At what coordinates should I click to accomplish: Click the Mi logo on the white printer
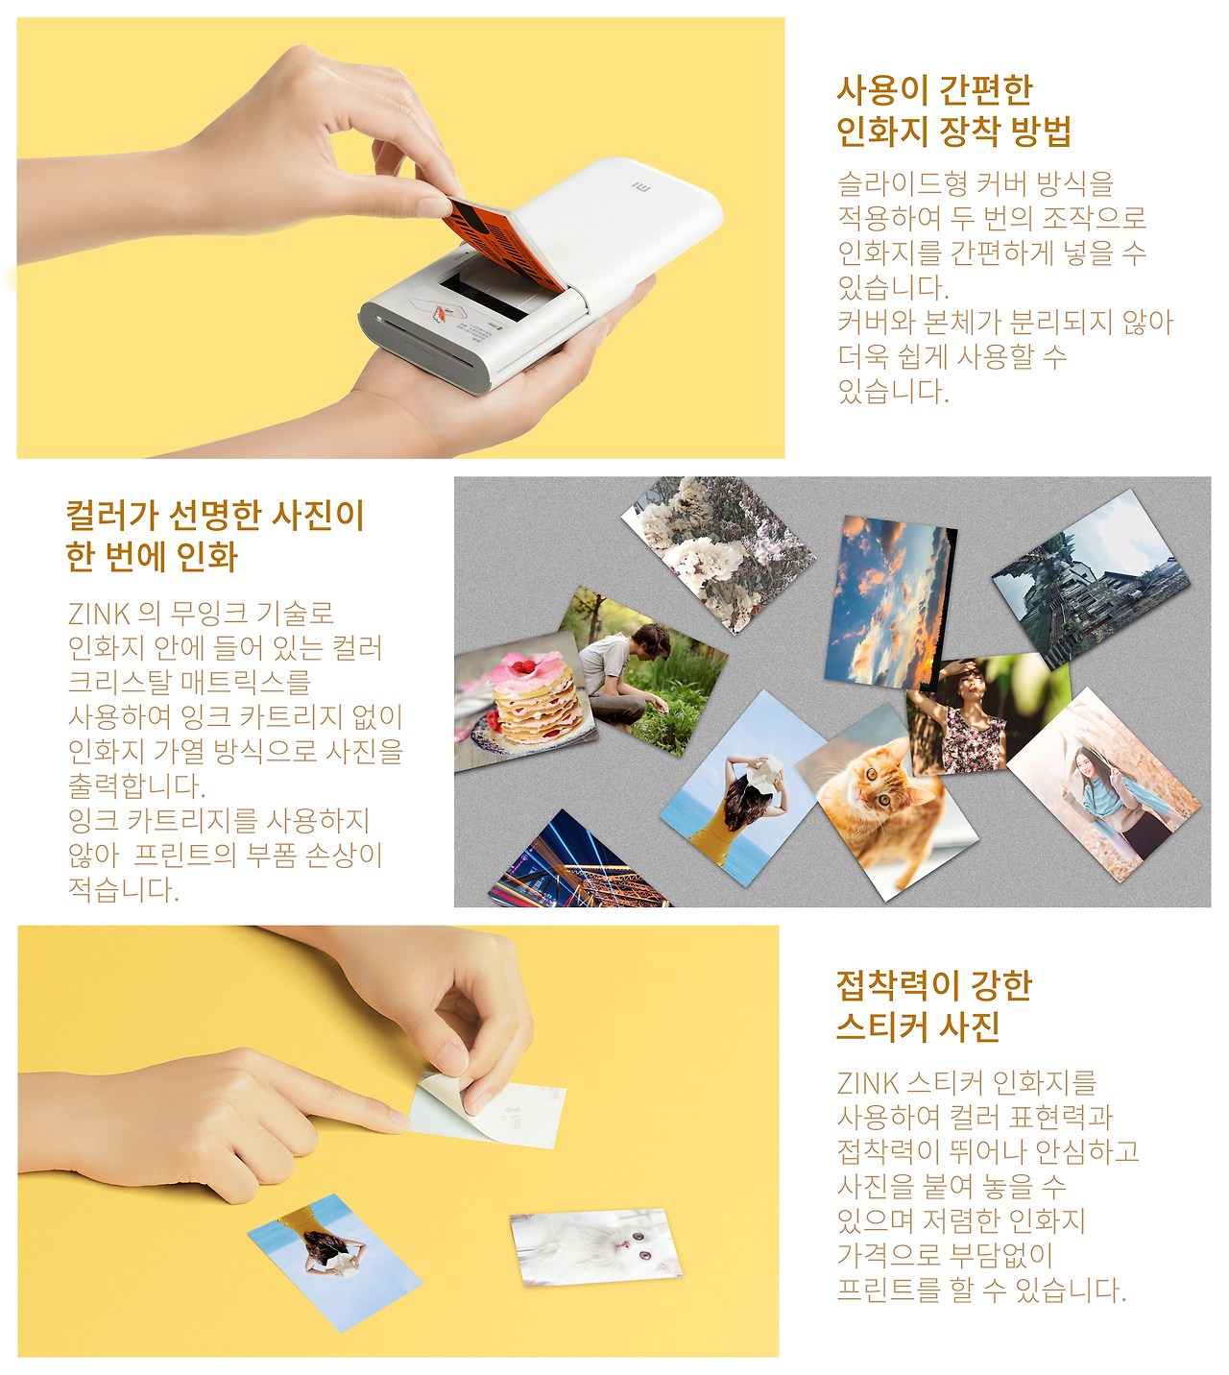(641, 185)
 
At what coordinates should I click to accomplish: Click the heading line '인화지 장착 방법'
(953, 131)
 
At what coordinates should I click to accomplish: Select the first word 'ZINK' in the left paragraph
(99, 614)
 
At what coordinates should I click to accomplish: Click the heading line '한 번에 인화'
(152, 557)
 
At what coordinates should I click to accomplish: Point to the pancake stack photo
(524, 700)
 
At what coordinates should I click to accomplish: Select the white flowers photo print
(718, 554)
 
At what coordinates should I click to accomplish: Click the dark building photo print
(1091, 580)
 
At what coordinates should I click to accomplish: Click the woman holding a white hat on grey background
(743, 788)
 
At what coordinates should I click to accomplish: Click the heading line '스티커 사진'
(918, 1026)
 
